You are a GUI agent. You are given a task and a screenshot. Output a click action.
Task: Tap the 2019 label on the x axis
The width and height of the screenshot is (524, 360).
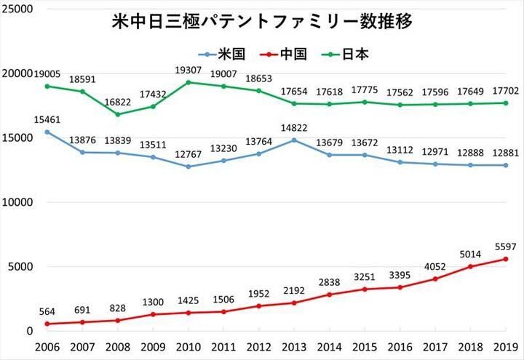pos(507,348)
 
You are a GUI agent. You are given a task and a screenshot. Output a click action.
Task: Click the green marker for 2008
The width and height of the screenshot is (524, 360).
pos(118,114)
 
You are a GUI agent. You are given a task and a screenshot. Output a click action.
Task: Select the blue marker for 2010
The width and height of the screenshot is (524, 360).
pos(188,167)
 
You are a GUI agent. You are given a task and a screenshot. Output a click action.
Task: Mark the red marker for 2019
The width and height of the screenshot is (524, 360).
pos(506,259)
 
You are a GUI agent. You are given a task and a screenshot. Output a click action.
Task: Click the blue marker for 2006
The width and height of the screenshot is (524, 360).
pos(47,132)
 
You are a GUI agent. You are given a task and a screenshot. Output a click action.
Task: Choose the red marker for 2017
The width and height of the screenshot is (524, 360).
pos(435,279)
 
